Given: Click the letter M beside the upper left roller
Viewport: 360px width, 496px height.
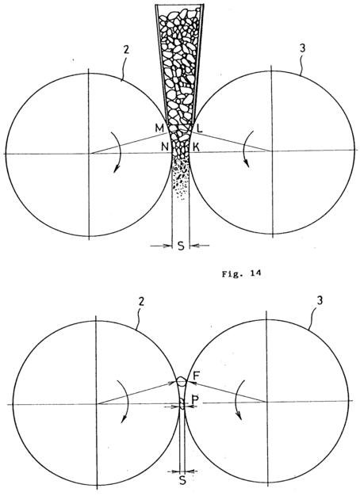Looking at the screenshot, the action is [x=159, y=128].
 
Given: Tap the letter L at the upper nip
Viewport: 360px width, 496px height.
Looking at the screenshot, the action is [x=200, y=128].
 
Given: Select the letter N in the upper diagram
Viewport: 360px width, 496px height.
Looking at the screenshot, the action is [x=165, y=147].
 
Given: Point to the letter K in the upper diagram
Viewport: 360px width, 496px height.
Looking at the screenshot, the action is [x=197, y=147].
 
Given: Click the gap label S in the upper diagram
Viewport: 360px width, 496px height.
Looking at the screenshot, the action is [x=181, y=246].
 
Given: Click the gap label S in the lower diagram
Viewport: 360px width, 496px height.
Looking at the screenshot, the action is [x=182, y=490].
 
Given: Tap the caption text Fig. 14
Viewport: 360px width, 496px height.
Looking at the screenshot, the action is [x=241, y=274].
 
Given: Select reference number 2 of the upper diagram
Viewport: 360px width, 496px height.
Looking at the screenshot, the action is [x=126, y=51].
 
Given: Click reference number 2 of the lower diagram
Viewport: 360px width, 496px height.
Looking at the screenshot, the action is [x=141, y=301].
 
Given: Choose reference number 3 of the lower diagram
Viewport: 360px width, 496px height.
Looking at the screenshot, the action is [x=320, y=300].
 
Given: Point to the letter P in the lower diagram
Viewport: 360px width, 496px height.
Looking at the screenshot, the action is [x=195, y=400].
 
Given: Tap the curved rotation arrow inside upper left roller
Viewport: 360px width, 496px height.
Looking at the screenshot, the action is [x=119, y=152].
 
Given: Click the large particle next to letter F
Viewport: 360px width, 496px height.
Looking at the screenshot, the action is [x=181, y=381].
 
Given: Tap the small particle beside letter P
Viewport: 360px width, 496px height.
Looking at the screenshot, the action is [x=182, y=403].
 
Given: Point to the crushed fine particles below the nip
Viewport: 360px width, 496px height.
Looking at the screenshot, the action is [x=181, y=179].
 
